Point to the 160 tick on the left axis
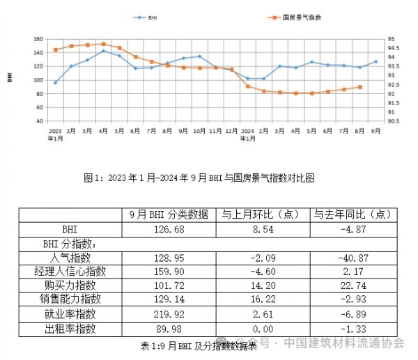click(x=39, y=39)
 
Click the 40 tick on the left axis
click(x=40, y=120)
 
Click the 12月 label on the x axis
click(x=232, y=130)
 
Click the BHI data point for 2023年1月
click(x=56, y=82)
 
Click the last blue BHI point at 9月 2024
click(x=376, y=62)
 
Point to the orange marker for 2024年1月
click(x=248, y=86)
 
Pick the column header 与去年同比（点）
click(x=351, y=214)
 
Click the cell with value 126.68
click(x=170, y=229)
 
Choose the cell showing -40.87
click(x=351, y=258)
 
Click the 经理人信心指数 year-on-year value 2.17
click(x=351, y=272)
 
